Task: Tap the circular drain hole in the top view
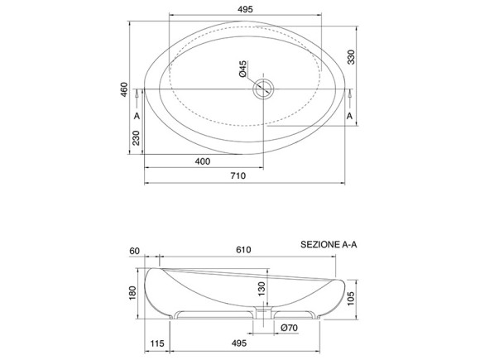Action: coord(263,88)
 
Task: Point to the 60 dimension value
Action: coord(133,249)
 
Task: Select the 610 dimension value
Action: coord(242,249)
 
